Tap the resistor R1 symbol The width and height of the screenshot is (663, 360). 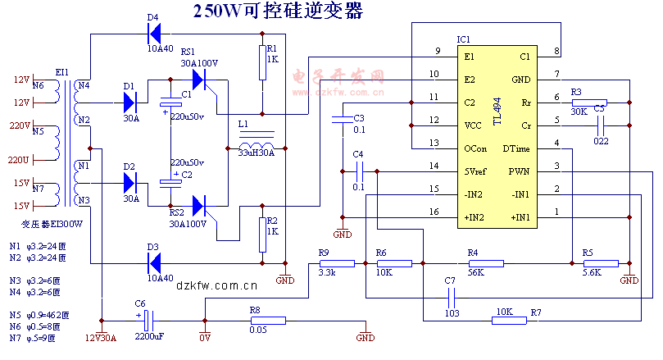(x=262, y=62)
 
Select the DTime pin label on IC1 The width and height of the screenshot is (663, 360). (x=515, y=148)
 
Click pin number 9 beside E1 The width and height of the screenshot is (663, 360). (x=438, y=52)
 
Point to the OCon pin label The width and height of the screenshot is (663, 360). (x=475, y=148)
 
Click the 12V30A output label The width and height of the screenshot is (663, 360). (x=102, y=338)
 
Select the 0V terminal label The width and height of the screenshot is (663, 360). (x=205, y=338)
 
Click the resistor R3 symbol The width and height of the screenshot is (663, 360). (x=589, y=103)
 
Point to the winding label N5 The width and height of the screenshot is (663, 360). (x=38, y=130)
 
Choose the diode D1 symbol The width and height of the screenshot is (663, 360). (x=129, y=103)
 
